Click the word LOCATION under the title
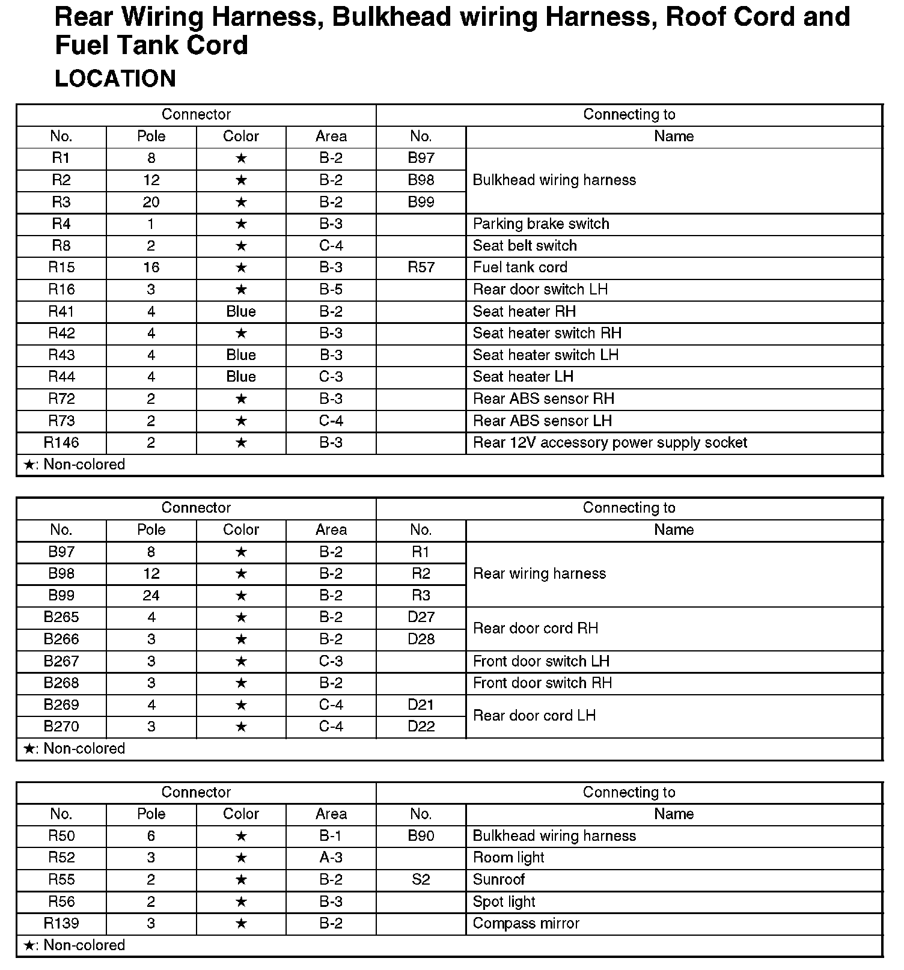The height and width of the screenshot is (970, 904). [x=115, y=79]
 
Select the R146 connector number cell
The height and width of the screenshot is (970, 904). [x=61, y=443]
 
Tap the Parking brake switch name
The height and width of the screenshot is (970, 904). [x=541, y=224]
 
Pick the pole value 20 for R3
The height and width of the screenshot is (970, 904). [x=151, y=202]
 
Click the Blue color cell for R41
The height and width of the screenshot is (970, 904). [x=241, y=311]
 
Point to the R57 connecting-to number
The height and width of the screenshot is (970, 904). [x=421, y=267]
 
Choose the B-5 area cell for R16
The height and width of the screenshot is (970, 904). [x=331, y=290]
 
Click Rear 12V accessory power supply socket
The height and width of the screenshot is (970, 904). [x=609, y=443]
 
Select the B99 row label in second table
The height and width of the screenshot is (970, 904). [x=61, y=596]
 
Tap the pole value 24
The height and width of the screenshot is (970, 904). [x=151, y=596]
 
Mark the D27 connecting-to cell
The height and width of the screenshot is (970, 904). [x=421, y=617]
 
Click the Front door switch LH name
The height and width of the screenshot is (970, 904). [x=541, y=661]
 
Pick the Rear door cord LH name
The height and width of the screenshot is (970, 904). [x=534, y=716]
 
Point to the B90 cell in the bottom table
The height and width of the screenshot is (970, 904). [x=421, y=836]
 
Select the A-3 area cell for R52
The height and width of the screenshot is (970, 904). [x=331, y=858]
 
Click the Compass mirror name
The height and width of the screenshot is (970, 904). [x=526, y=924]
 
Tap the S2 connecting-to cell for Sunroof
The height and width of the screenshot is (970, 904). [x=421, y=880]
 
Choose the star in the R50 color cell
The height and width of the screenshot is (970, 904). [x=241, y=836]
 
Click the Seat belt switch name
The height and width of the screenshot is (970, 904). [x=525, y=246]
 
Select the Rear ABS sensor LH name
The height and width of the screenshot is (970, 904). [x=542, y=421]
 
